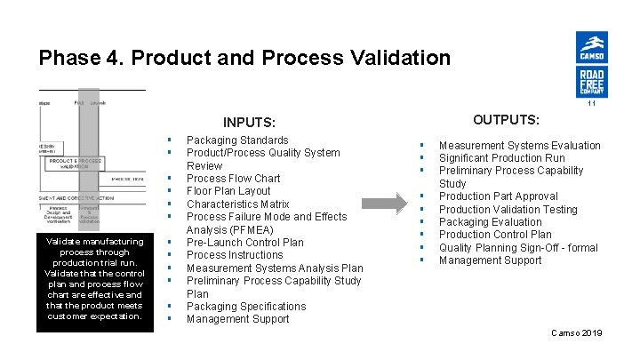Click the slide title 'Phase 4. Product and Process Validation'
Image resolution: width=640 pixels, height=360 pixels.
click(x=244, y=59)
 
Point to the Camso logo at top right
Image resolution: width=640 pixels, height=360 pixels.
click(x=592, y=46)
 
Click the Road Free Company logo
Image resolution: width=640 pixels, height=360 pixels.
click(x=592, y=83)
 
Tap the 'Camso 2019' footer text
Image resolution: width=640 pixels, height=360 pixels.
click(x=576, y=332)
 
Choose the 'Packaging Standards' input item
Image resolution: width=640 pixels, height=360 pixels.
click(x=237, y=140)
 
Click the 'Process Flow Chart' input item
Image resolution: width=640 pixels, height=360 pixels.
click(x=233, y=179)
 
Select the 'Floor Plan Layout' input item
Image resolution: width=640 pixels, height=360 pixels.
click(x=228, y=191)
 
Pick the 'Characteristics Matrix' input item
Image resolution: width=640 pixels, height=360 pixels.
click(x=237, y=204)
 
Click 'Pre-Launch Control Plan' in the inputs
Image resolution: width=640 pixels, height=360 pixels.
click(x=244, y=242)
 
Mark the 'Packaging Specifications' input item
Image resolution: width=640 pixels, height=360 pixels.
click(x=246, y=307)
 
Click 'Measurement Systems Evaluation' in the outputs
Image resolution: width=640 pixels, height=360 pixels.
click(x=519, y=146)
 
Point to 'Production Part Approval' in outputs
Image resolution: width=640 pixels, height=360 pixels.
click(x=498, y=196)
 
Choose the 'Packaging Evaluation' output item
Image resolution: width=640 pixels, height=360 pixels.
click(x=490, y=222)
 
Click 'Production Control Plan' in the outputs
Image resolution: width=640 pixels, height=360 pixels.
click(x=495, y=235)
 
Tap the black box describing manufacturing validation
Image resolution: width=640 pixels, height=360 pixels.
click(x=94, y=278)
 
